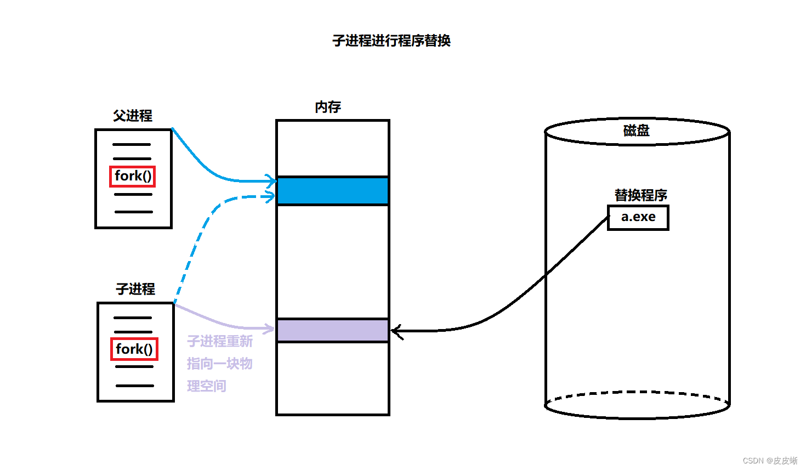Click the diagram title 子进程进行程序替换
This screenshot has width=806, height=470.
click(x=391, y=41)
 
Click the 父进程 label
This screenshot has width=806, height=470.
click(x=133, y=116)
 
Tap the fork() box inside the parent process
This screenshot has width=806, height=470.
click(x=133, y=176)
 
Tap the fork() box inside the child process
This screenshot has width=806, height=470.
click(x=134, y=349)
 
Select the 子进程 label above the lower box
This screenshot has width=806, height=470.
click(x=135, y=289)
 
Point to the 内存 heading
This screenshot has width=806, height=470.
click(x=328, y=107)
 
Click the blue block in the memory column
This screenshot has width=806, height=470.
click(x=333, y=191)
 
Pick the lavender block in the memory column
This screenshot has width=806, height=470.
click(x=333, y=331)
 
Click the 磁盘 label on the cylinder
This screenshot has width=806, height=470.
click(x=636, y=131)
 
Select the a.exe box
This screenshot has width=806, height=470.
click(x=638, y=217)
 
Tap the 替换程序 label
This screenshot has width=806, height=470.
click(x=640, y=195)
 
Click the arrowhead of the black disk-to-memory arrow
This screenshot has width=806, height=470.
click(x=396, y=331)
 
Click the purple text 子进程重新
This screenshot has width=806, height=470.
click(x=220, y=342)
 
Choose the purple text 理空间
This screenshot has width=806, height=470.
click(x=207, y=386)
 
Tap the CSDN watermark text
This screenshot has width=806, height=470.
click(x=770, y=461)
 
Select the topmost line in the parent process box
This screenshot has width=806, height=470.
click(x=132, y=145)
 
